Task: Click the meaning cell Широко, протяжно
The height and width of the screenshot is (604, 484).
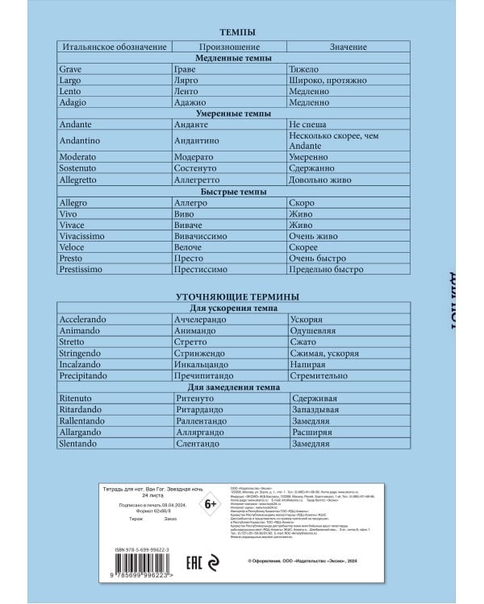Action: coord(327,81)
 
